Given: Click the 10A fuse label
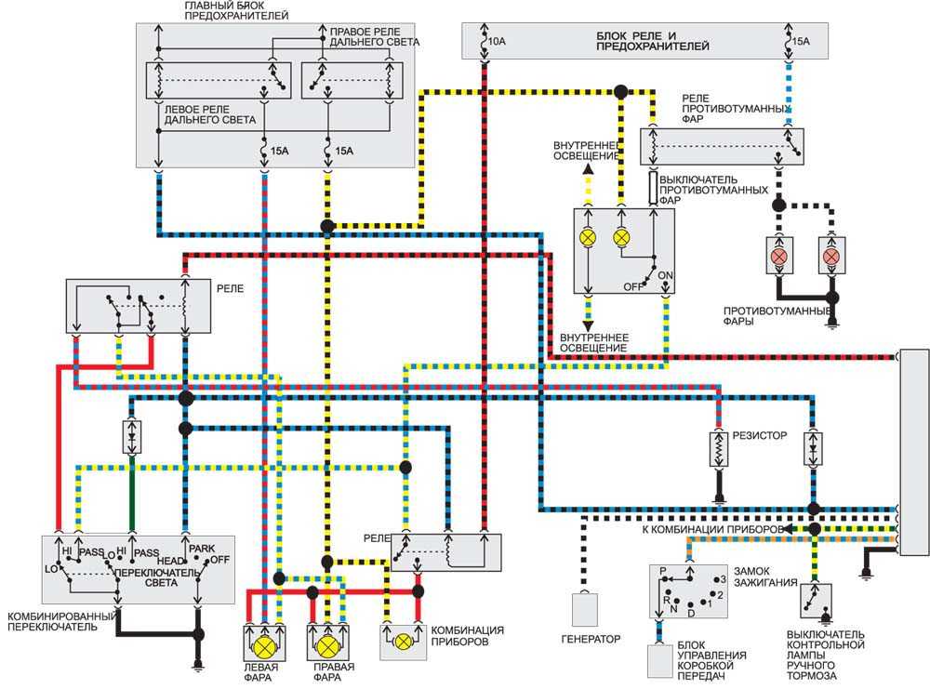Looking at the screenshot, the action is (497, 42).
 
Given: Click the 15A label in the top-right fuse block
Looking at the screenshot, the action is (801, 41).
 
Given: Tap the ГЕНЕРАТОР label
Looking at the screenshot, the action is (591, 639).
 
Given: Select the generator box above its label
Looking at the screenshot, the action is (585, 610).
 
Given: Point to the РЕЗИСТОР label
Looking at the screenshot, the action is (760, 435).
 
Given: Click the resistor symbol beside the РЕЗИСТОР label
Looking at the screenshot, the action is (719, 449).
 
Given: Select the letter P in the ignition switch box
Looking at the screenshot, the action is (663, 572).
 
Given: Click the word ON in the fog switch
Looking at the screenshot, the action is (666, 276).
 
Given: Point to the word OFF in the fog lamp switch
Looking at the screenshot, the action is (632, 287).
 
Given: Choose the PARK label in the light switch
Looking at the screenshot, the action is (202, 549).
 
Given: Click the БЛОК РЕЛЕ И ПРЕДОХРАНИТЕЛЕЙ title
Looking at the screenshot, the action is (653, 41).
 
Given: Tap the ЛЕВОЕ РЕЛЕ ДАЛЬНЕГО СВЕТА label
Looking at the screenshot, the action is (210, 114).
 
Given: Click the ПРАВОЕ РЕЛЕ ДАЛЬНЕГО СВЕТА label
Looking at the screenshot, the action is (374, 37).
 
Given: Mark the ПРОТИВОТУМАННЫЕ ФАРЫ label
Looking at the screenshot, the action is (777, 315).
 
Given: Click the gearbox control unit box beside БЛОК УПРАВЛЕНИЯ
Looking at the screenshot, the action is (659, 660).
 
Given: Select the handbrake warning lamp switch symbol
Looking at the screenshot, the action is (817, 600).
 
